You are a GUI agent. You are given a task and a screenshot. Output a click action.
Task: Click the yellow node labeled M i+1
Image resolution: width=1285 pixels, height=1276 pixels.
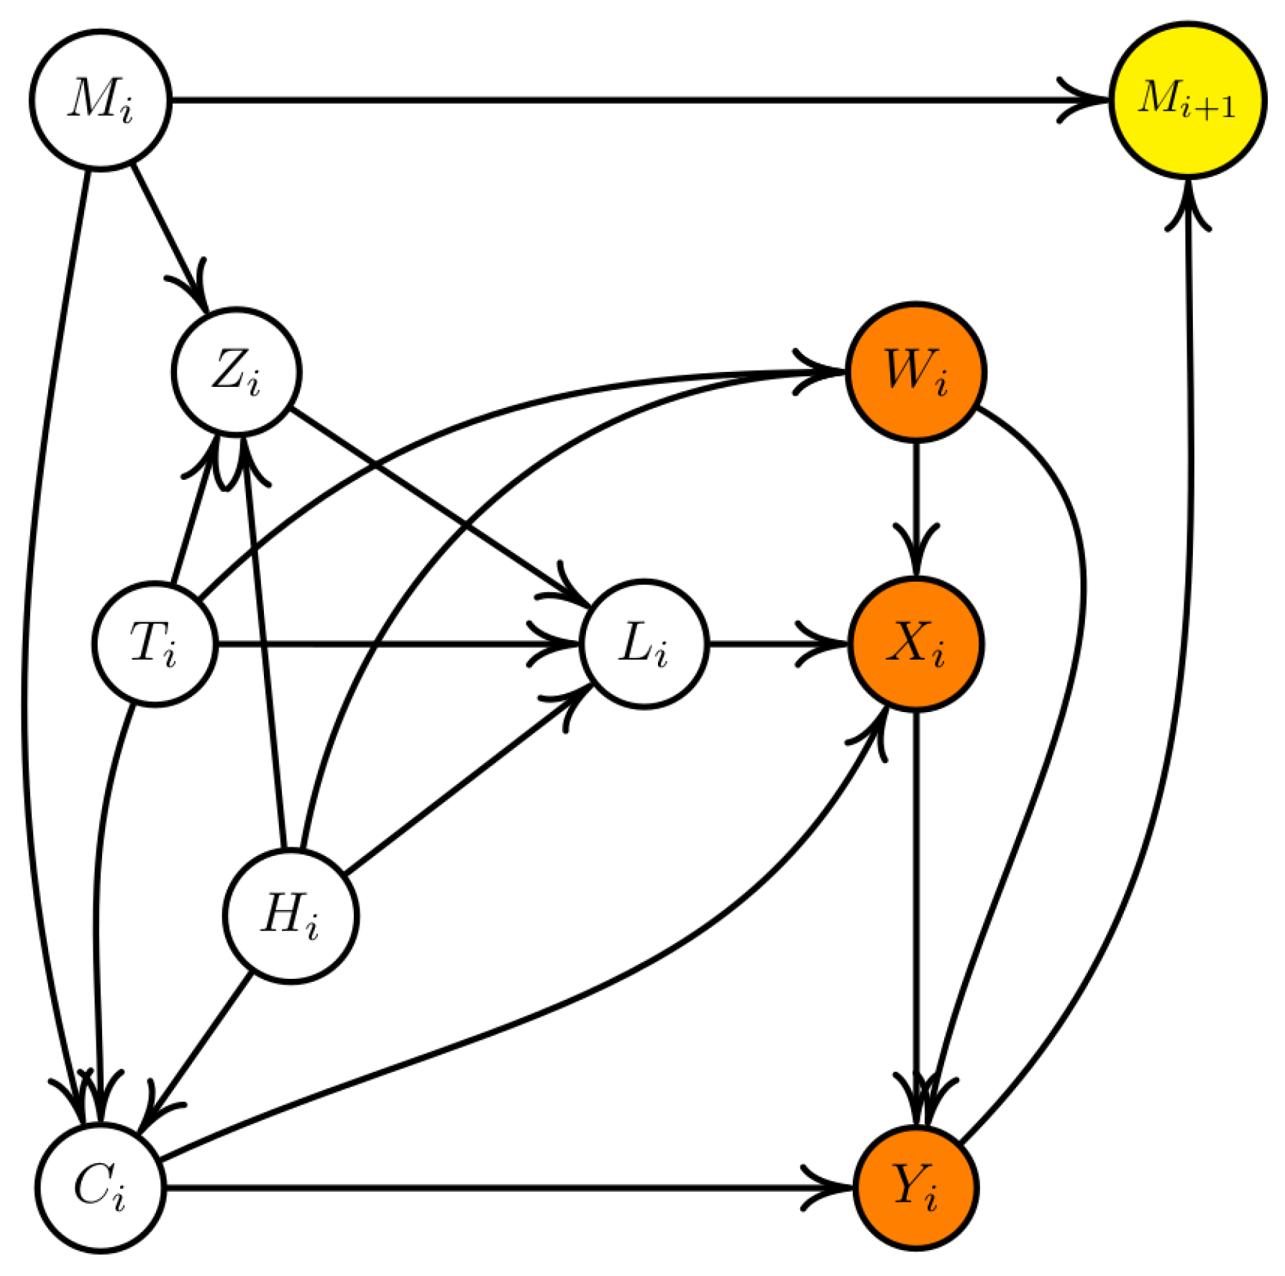1187,100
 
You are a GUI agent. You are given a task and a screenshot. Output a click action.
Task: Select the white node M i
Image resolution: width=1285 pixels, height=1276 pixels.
101,100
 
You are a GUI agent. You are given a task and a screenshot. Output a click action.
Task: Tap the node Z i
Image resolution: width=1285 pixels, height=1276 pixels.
237,372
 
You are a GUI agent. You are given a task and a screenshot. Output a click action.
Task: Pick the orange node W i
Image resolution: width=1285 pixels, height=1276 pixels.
915,372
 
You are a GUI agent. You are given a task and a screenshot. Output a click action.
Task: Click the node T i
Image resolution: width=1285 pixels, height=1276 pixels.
155,643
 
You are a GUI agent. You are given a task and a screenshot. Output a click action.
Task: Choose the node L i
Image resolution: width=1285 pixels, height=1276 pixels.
644,643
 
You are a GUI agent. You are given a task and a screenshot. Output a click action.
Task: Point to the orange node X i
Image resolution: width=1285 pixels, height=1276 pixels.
915,643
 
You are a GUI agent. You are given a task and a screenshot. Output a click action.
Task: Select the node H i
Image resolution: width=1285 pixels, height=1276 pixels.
291,916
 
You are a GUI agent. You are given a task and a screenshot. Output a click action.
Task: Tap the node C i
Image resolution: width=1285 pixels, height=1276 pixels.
101,1188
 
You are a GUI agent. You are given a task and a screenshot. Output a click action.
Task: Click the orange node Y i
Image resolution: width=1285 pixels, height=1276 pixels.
915,1188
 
